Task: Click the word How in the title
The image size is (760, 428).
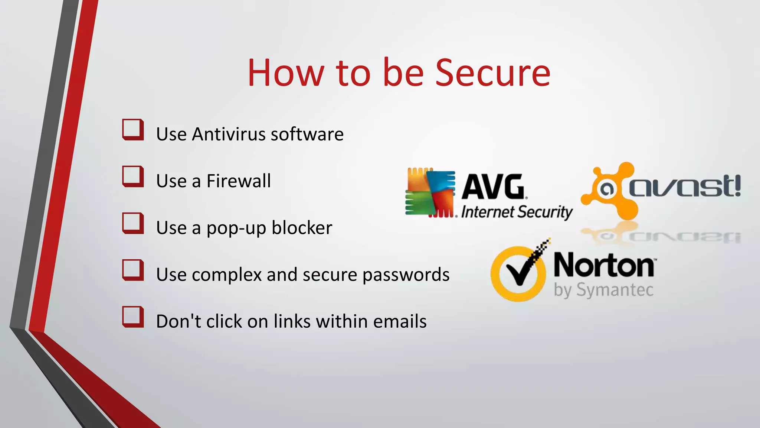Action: [286, 73]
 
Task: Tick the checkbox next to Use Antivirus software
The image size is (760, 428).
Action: [133, 130]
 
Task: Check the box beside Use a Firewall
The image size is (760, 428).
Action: [133, 176]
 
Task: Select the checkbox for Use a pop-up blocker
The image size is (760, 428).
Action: [133, 223]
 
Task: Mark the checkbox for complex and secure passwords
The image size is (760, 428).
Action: [133, 270]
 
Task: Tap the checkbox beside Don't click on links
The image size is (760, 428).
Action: [133, 317]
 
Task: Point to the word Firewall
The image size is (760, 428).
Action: [239, 181]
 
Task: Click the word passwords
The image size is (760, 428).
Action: [406, 275]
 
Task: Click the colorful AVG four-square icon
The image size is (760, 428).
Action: [430, 193]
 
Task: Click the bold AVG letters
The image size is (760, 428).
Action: [493, 187]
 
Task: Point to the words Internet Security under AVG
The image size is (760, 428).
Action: [517, 213]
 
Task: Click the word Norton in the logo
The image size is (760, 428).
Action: [604, 266]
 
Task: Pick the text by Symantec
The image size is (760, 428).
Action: [603, 290]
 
